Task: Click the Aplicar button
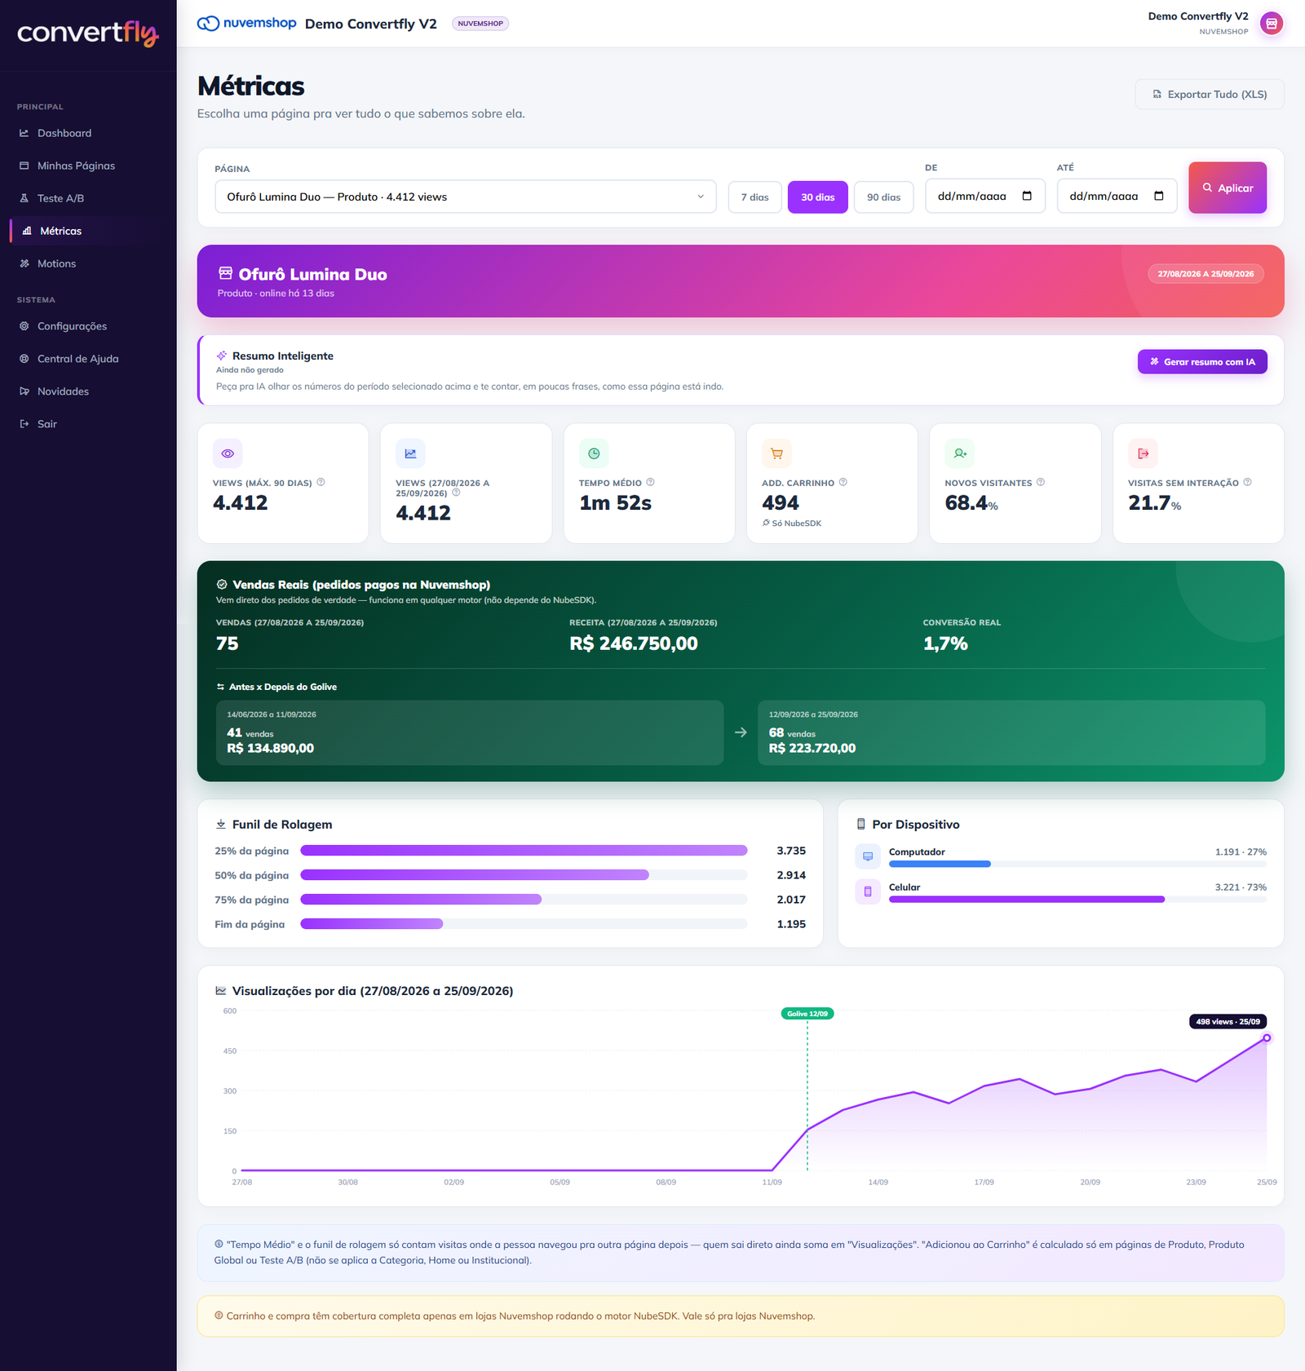(1227, 188)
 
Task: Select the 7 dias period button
(754, 197)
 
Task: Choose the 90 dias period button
(883, 197)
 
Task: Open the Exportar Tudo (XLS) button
(1210, 95)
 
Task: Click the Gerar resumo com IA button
(1202, 362)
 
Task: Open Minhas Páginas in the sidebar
(76, 166)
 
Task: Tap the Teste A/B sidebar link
(60, 198)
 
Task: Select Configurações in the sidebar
(72, 326)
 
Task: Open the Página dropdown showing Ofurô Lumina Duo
(465, 197)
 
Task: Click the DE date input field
(984, 196)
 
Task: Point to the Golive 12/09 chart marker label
(807, 1014)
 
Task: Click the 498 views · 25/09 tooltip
(1228, 1022)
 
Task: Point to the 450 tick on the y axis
(230, 1051)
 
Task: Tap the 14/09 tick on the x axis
(878, 1183)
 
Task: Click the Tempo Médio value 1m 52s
(615, 503)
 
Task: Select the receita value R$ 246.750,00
(634, 643)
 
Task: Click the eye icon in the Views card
(228, 453)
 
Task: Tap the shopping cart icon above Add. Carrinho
(776, 453)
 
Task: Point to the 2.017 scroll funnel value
(791, 900)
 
